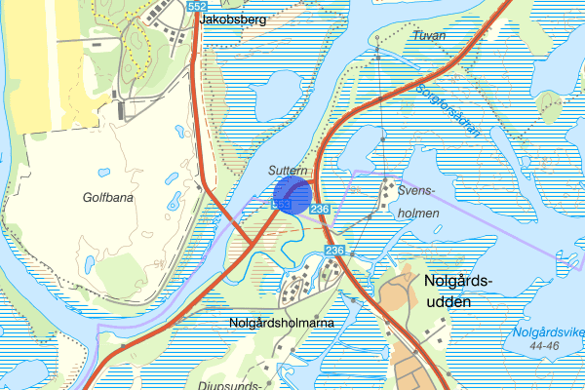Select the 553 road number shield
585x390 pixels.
(282, 205)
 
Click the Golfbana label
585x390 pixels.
(107, 197)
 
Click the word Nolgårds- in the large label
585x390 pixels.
(460, 282)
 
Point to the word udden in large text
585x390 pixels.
(449, 302)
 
